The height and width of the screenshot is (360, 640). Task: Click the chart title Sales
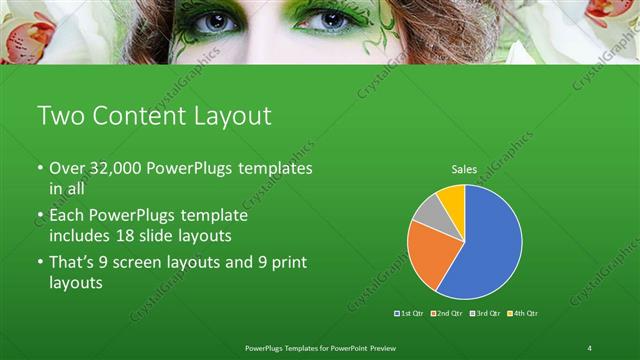(x=463, y=170)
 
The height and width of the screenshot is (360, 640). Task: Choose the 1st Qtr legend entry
(x=410, y=313)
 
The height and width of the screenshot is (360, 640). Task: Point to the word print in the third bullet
(x=287, y=262)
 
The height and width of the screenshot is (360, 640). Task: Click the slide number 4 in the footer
(x=590, y=347)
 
